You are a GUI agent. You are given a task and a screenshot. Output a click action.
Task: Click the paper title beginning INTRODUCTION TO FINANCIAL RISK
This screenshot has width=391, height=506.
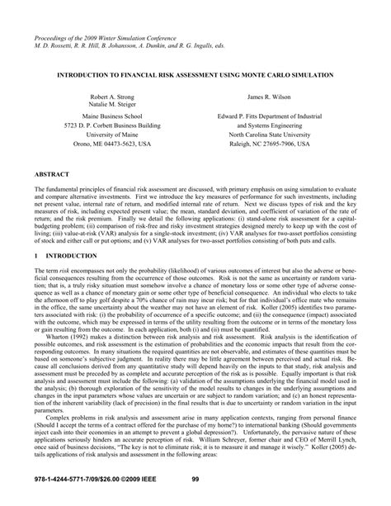(x=195, y=75)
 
